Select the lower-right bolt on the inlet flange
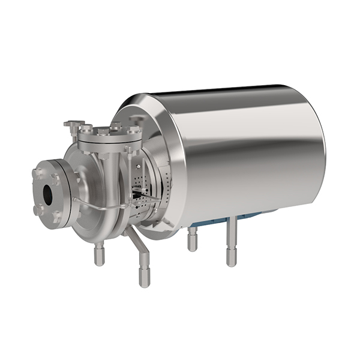pos(57,214)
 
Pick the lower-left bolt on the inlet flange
pos(38,210)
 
